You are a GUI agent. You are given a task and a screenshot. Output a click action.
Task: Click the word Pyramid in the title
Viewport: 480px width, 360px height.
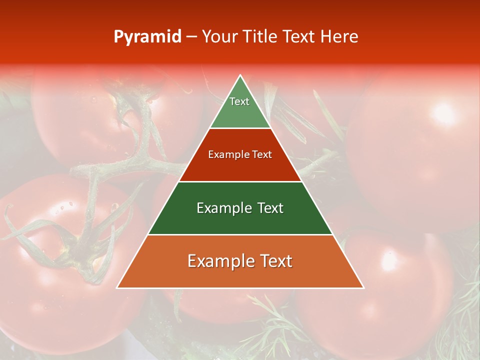tap(147, 37)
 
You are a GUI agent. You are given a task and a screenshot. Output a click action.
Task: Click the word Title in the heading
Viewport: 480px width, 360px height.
tap(262, 37)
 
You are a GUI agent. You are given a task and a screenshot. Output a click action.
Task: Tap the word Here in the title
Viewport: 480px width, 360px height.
tap(339, 37)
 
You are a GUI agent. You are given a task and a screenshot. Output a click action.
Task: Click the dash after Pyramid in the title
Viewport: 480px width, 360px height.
tap(191, 37)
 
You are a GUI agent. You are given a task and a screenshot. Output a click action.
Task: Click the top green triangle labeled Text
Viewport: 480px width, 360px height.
tap(240, 107)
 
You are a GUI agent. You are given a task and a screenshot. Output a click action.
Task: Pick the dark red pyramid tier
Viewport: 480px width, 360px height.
tap(240, 165)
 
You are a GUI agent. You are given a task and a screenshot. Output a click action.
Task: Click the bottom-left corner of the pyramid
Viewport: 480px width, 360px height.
tap(117, 287)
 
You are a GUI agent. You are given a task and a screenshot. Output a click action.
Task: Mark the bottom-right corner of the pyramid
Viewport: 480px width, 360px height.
tap(363, 287)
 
